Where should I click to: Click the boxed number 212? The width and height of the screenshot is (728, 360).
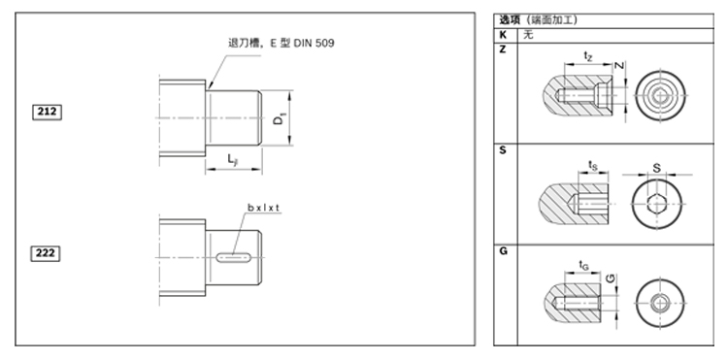click(47, 112)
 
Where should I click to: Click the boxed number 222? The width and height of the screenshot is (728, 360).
click(46, 253)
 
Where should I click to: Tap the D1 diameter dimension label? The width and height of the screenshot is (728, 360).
click(279, 118)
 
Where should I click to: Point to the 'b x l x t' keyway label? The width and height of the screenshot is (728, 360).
click(263, 208)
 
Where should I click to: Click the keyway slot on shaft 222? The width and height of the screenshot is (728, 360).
click(234, 256)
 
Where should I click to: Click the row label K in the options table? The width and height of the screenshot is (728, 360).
click(503, 34)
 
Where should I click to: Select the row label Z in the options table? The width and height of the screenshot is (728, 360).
click(503, 49)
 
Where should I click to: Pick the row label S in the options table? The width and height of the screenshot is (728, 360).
click(503, 150)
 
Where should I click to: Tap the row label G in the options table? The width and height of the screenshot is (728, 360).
click(503, 251)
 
